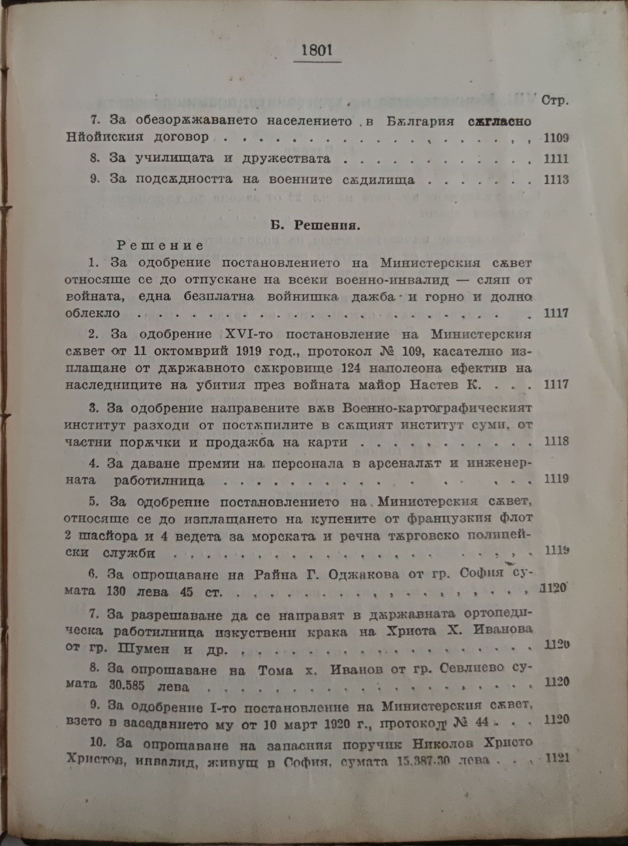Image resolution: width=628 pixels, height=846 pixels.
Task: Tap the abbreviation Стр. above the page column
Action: [555, 101]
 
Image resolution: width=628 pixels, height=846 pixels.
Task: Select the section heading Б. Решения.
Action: [315, 226]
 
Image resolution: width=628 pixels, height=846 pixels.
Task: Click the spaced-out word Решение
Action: [160, 245]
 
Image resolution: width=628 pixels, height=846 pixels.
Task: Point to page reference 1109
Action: [556, 138]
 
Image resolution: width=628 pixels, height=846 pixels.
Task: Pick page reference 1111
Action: [556, 158]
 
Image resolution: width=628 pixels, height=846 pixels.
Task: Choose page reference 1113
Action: [556, 179]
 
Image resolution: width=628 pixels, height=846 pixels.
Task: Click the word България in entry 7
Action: [420, 121]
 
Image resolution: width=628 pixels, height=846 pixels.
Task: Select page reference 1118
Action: [556, 441]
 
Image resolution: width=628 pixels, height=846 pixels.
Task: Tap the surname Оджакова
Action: [363, 574]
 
